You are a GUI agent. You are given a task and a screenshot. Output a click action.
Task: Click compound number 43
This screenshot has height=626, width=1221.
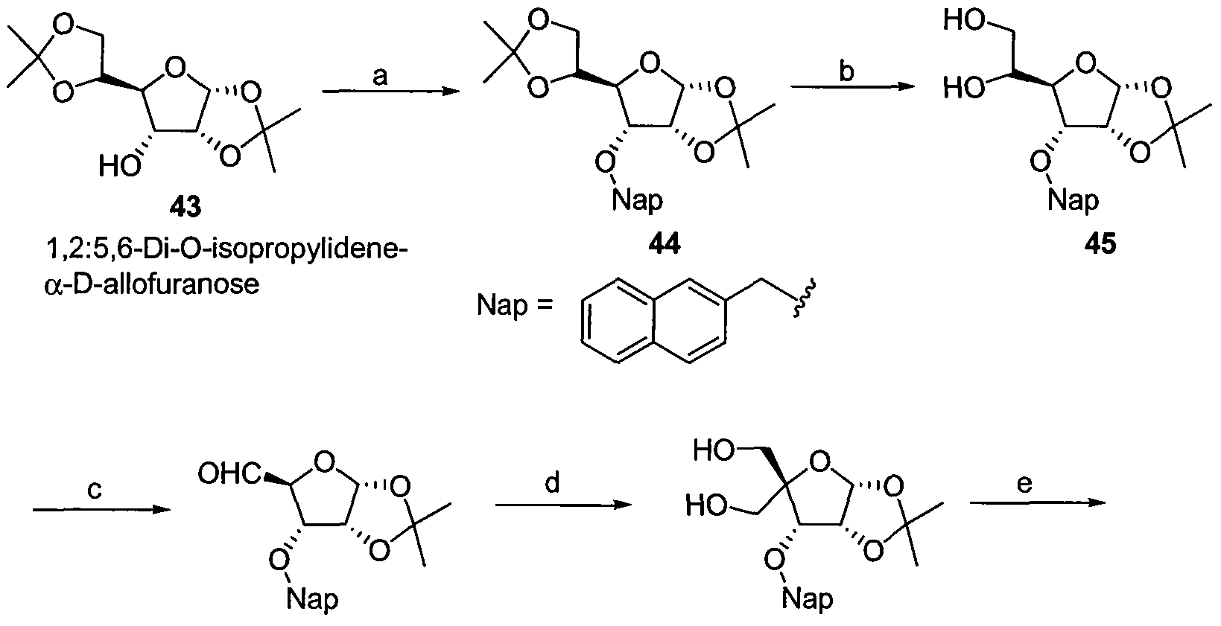[x=185, y=208]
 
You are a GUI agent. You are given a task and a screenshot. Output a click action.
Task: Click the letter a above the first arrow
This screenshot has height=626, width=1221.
[x=380, y=76]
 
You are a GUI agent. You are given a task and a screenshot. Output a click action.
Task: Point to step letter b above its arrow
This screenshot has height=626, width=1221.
[x=846, y=71]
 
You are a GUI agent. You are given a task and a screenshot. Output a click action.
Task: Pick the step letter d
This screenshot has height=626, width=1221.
[x=552, y=482]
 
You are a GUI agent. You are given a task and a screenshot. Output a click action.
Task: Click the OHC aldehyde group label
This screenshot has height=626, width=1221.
[x=229, y=475]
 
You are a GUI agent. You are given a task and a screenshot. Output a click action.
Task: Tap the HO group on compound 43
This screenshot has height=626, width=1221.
[x=120, y=166]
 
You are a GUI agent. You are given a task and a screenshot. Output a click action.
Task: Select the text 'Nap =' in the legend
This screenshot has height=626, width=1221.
[x=515, y=306]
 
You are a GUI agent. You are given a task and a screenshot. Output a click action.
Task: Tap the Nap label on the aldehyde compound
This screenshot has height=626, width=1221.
[x=312, y=600]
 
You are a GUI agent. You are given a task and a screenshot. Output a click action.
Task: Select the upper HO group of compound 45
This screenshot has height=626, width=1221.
[x=964, y=21]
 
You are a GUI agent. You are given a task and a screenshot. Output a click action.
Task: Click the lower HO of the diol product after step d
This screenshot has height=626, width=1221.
[x=706, y=506]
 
